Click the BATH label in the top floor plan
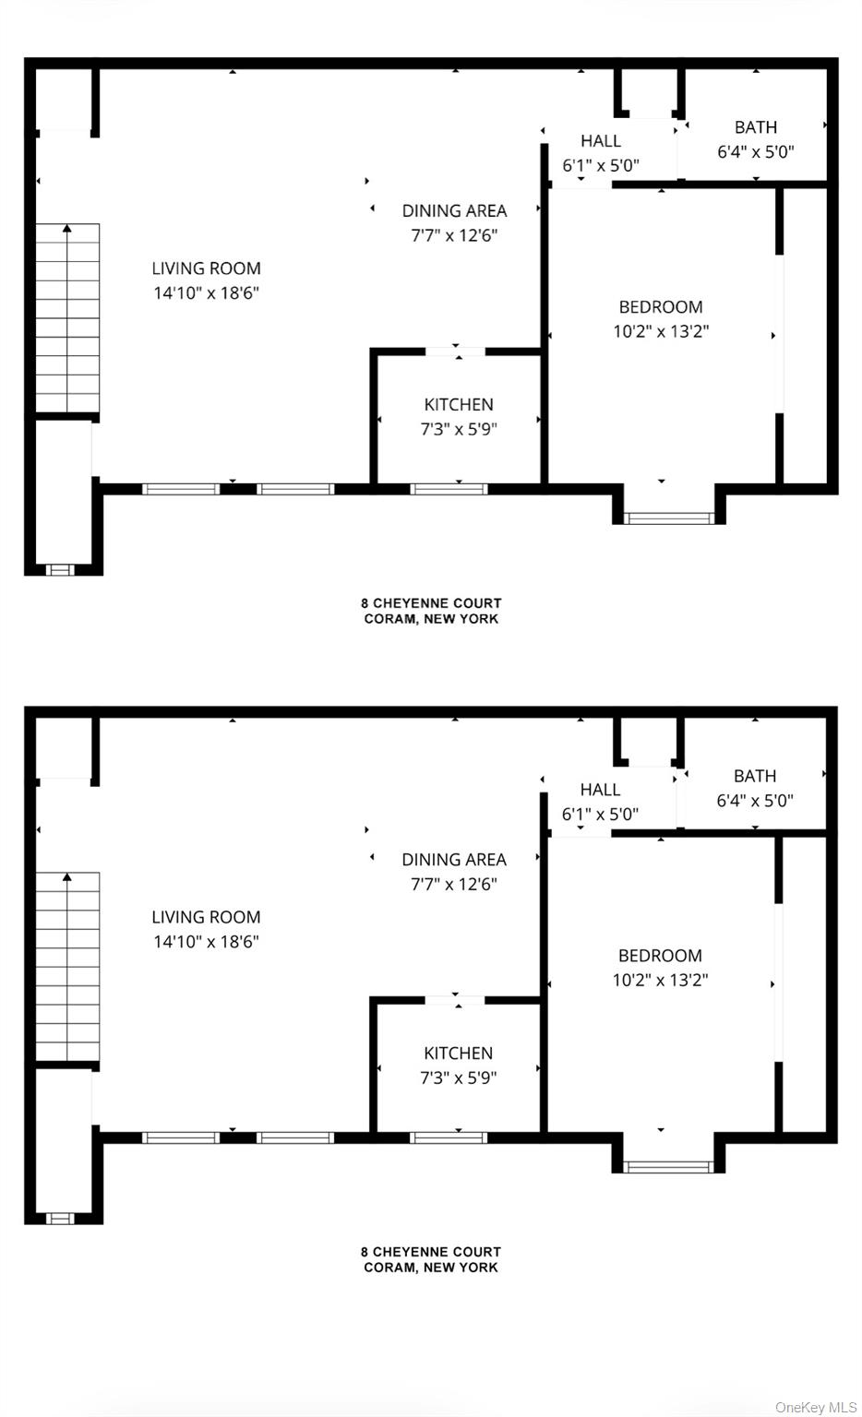pyautogui.click(x=756, y=127)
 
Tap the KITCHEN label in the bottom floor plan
pyautogui.click(x=458, y=1054)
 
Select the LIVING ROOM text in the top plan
pyautogui.click(x=207, y=268)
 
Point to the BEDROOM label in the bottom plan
pyautogui.click(x=660, y=955)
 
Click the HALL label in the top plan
pyautogui.click(x=601, y=140)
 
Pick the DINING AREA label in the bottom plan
pyautogui.click(x=454, y=860)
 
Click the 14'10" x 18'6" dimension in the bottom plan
pyautogui.click(x=207, y=941)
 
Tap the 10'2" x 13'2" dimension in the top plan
pyautogui.click(x=661, y=331)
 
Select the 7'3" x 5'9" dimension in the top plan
pyautogui.click(x=459, y=429)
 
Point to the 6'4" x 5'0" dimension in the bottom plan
pyautogui.click(x=755, y=800)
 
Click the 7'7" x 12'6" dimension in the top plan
pyautogui.click(x=454, y=235)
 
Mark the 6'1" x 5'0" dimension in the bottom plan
pyautogui.click(x=600, y=815)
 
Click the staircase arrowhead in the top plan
pyautogui.click(x=67, y=228)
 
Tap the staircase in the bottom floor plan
pyautogui.click(x=67, y=966)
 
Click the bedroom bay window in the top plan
pyautogui.click(x=668, y=518)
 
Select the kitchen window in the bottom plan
pyautogui.click(x=449, y=1138)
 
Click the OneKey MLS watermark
pyautogui.click(x=816, y=1407)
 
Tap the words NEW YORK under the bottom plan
pyautogui.click(x=461, y=1267)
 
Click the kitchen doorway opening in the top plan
pyautogui.click(x=456, y=351)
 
